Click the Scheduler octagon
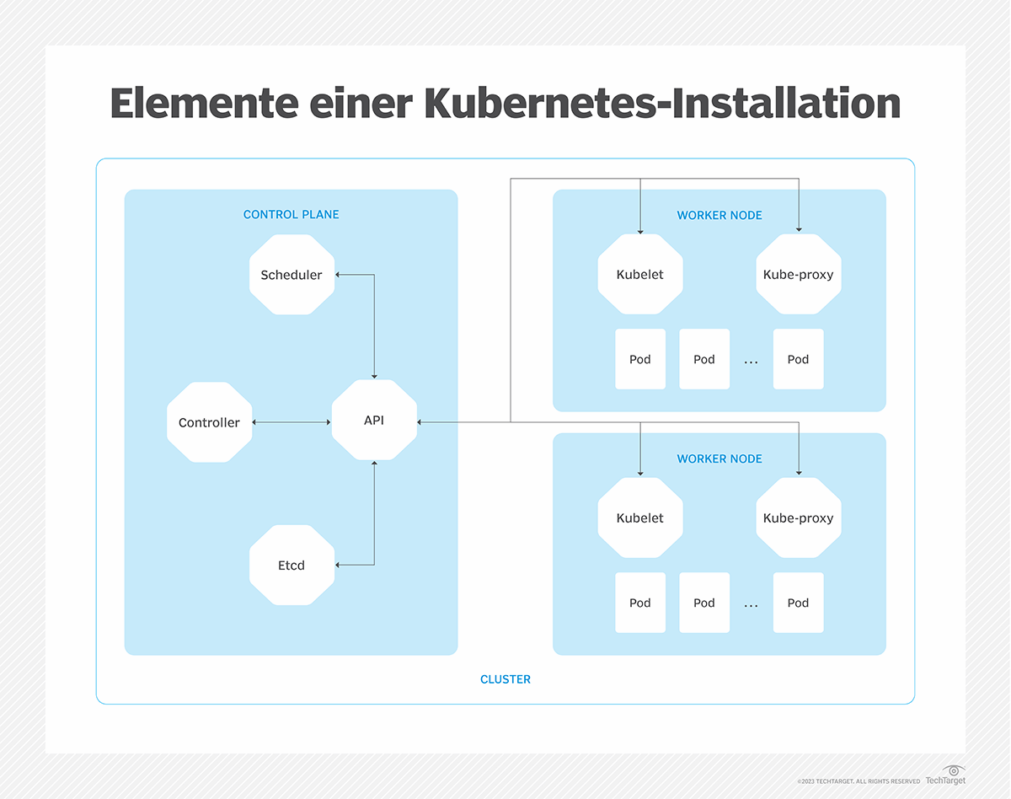tap(292, 275)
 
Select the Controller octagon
tap(209, 422)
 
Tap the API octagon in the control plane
tap(374, 420)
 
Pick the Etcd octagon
tap(292, 565)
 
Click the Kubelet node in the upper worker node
tap(640, 275)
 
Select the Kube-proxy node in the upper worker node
tap(798, 275)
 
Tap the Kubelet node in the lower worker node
tap(640, 518)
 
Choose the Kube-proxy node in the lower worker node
tap(798, 518)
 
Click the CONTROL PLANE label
tap(292, 214)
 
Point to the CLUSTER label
tap(505, 679)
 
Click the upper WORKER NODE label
tap(719, 215)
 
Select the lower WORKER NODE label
tap(719, 458)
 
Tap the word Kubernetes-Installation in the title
tap(662, 104)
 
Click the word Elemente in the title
tap(204, 104)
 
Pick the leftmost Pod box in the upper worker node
tap(640, 359)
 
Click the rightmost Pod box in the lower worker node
tap(798, 603)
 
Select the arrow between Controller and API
tap(292, 422)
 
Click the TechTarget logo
tap(945, 776)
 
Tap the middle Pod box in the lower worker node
tap(704, 603)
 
